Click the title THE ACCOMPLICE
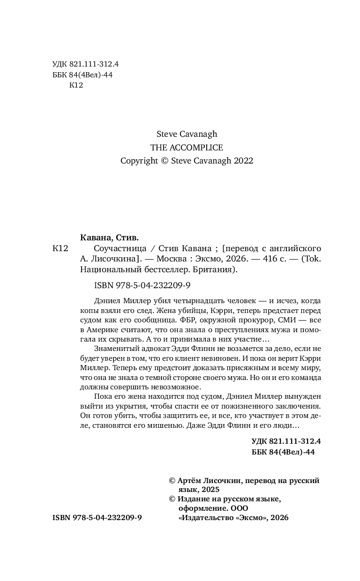(187, 148)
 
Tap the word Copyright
(139, 161)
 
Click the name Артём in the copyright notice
(192, 481)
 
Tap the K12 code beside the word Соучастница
(61, 248)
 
